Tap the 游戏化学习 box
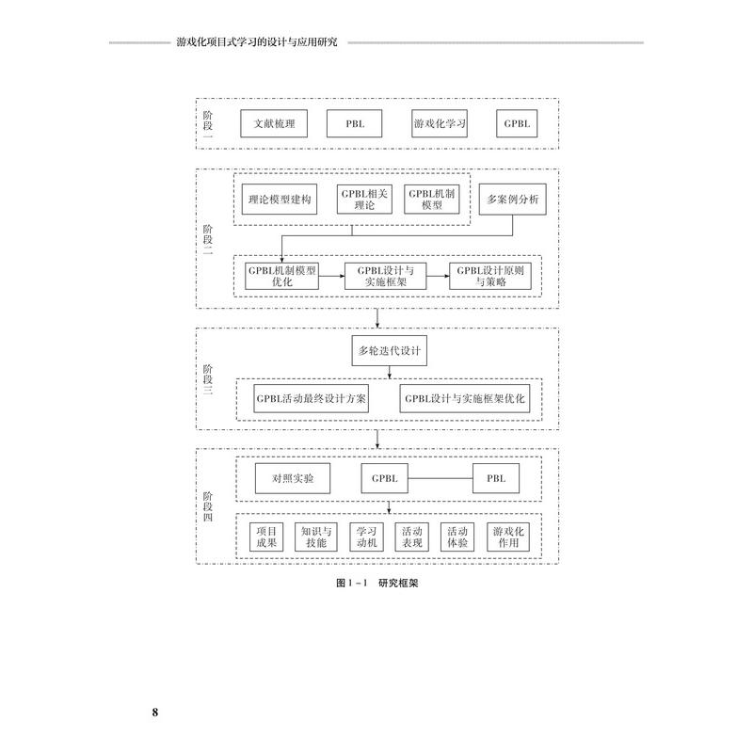(x=440, y=123)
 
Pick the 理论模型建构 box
(x=279, y=200)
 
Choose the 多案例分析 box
(x=511, y=199)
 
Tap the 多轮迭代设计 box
(x=388, y=352)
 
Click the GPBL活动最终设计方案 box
(x=311, y=398)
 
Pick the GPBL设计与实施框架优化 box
(x=469, y=398)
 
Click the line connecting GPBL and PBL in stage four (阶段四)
(x=441, y=478)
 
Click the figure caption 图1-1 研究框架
(x=376, y=584)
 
